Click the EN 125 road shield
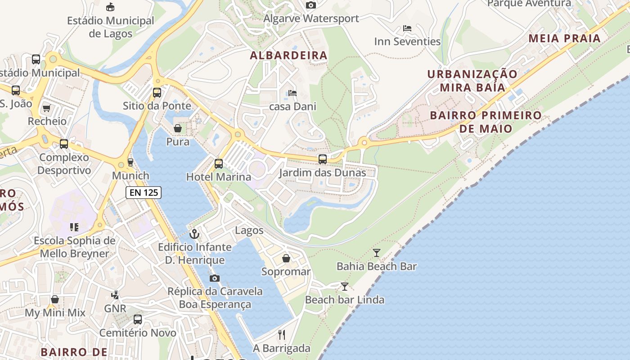[143, 193]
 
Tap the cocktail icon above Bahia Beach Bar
[377, 253]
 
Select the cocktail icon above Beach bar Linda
[345, 287]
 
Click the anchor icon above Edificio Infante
[194, 234]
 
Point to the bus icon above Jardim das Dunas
[323, 159]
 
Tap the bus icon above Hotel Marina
[219, 164]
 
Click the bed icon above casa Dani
[292, 94]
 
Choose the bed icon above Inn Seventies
[407, 28]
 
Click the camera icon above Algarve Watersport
[310, 5]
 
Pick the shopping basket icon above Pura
[178, 129]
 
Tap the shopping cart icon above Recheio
[46, 108]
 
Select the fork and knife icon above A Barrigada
[282, 335]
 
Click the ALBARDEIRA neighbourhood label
[288, 55]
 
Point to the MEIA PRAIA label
[565, 38]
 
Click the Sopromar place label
[286, 272]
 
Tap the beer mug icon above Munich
[130, 162]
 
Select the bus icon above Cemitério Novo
[138, 319]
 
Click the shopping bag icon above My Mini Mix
[55, 299]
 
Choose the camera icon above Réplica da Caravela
[215, 278]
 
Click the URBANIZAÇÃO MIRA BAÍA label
[472, 80]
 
